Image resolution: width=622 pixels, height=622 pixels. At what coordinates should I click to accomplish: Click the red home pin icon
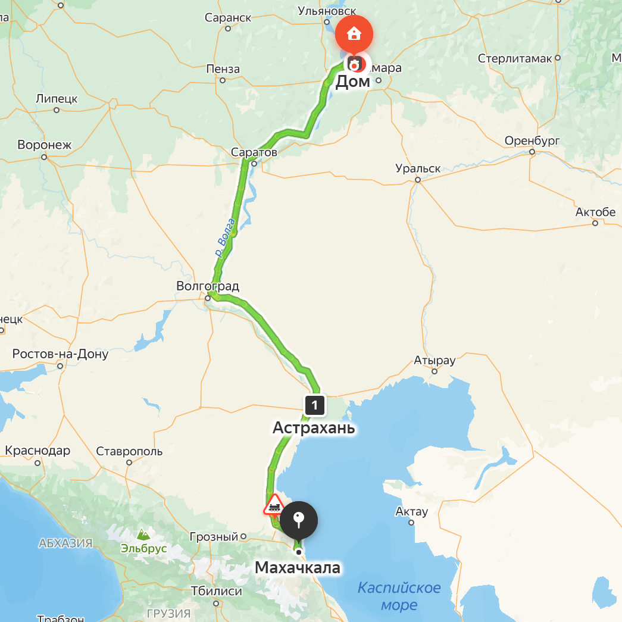[354, 33]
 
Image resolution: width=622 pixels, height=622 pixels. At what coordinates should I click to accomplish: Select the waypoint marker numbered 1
[314, 405]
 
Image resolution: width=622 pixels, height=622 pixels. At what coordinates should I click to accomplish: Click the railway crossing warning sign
[274, 506]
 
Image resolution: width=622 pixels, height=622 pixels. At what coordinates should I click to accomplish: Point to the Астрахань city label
[314, 428]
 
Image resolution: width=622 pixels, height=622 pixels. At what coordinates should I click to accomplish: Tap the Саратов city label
[254, 152]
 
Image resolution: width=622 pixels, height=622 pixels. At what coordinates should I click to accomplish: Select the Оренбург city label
[533, 141]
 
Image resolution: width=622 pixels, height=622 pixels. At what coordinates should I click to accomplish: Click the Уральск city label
[418, 168]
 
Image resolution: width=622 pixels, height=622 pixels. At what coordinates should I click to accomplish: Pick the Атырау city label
[435, 361]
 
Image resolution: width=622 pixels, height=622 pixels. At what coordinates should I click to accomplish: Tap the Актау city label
[412, 512]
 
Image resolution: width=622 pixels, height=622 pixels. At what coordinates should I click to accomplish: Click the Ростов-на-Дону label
[60, 355]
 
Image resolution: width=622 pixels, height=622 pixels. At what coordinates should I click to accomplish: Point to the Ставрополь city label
[129, 451]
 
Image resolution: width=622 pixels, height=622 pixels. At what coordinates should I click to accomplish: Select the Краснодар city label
[37, 451]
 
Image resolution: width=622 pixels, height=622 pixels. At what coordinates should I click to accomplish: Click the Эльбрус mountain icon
[143, 535]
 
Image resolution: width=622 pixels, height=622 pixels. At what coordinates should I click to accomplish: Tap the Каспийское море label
[399, 596]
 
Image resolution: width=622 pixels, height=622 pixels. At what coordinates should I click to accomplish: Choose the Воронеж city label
[44, 145]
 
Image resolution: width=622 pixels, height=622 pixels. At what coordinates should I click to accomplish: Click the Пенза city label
[223, 70]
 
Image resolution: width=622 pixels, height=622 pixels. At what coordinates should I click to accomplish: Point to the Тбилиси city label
[216, 592]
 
